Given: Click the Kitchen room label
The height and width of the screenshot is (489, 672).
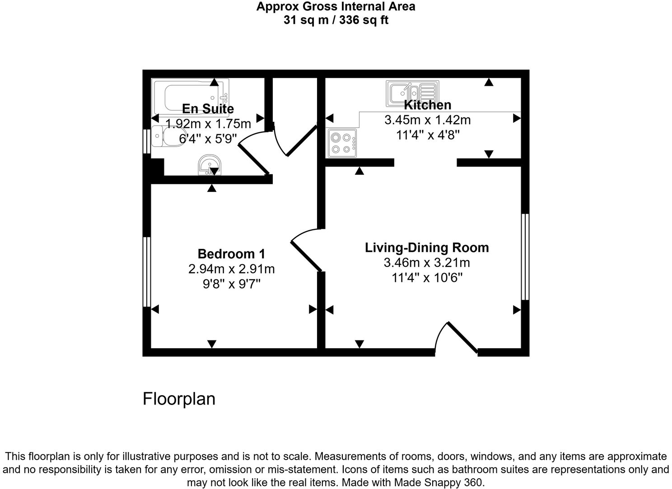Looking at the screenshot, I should click(427, 105).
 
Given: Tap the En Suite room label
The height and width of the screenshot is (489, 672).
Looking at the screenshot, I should click(208, 109).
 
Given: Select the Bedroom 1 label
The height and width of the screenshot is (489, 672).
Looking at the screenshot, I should click(231, 254).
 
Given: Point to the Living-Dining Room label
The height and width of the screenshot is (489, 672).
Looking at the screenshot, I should click(427, 247).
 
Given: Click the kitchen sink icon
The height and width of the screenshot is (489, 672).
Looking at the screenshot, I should click(412, 94).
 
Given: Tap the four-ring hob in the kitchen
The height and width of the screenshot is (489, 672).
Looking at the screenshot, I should click(342, 143).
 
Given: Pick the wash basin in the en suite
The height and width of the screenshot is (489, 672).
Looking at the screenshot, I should click(210, 165).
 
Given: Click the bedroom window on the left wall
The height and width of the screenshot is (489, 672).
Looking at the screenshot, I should click(146, 271).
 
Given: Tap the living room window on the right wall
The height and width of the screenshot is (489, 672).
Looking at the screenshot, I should click(525, 257).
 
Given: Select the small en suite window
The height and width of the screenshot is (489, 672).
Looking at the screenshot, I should click(146, 141).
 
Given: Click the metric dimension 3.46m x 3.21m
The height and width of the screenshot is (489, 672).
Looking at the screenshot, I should click(427, 262).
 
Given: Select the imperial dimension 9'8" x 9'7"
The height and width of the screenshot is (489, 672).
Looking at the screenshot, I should click(231, 284).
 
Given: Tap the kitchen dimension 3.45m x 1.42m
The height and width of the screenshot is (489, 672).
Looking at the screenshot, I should click(427, 120).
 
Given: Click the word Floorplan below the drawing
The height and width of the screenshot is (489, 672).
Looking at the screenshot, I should click(179, 399).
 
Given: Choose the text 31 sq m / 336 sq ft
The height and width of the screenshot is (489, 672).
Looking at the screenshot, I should click(336, 20).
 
